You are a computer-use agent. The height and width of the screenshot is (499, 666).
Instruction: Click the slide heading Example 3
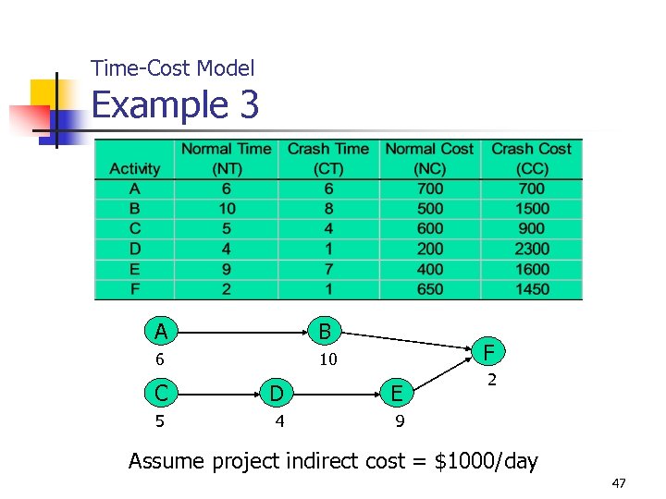(x=175, y=105)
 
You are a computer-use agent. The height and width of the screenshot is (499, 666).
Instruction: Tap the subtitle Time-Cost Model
(x=173, y=67)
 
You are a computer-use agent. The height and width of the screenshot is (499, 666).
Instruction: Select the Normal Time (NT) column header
(x=226, y=158)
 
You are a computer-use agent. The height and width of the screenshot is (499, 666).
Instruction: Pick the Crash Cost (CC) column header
(x=532, y=158)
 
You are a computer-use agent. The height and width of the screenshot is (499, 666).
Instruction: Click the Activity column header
(x=134, y=168)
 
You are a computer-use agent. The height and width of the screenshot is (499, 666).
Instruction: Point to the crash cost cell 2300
(x=532, y=249)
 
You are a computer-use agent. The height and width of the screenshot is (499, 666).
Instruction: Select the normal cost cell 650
(x=429, y=289)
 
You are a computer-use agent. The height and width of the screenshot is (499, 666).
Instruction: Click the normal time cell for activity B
(x=226, y=209)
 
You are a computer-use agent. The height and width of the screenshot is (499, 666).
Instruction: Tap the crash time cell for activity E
(x=327, y=269)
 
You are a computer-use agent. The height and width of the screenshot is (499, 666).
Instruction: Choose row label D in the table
(x=134, y=249)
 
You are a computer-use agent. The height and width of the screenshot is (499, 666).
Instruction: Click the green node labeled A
(x=161, y=331)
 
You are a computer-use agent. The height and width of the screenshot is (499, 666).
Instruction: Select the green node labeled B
(x=325, y=331)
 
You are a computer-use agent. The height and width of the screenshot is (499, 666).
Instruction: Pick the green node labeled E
(x=396, y=394)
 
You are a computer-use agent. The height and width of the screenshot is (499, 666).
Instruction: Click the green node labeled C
(x=161, y=394)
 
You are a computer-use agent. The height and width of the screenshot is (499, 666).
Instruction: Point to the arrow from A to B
(x=242, y=331)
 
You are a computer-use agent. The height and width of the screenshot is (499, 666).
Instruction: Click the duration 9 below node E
(x=398, y=423)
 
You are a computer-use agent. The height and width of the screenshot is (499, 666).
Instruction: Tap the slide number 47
(x=619, y=484)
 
